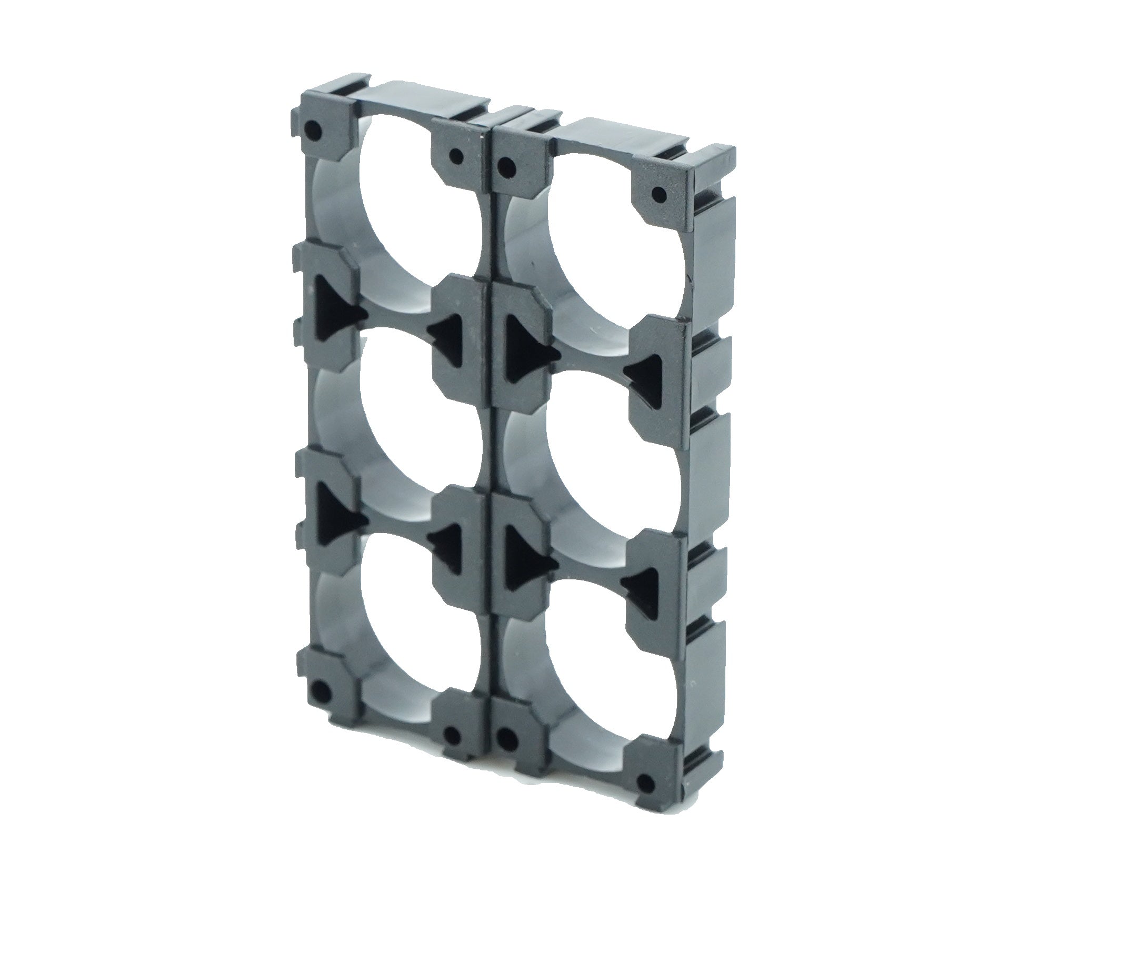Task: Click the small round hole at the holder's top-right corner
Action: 660,194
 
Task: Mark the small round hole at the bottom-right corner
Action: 647,780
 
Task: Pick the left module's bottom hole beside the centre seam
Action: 452,738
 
